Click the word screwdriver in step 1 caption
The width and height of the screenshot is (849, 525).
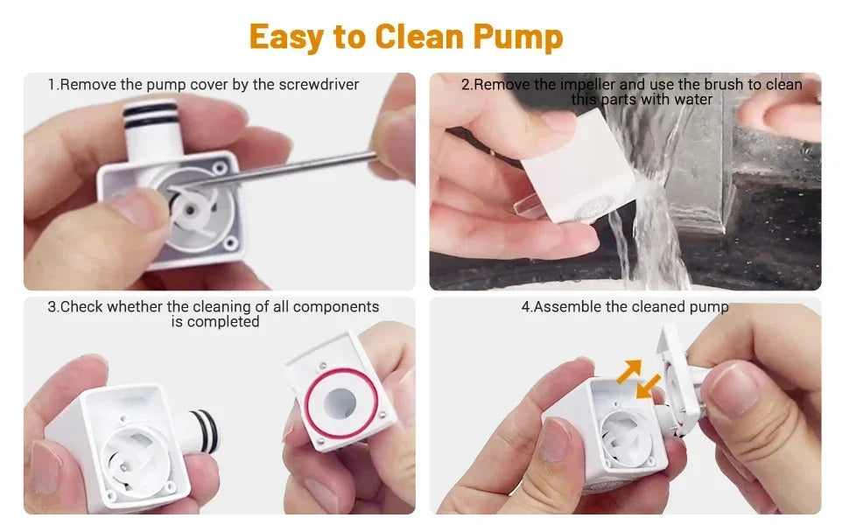318,85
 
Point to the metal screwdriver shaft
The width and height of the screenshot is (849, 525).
298,170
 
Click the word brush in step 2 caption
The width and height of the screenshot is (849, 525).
731,85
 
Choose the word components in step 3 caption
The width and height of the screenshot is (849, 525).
336,307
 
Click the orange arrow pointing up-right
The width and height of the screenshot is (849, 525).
628,372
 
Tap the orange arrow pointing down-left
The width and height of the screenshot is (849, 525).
648,386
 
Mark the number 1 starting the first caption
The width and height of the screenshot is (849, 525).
52,85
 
